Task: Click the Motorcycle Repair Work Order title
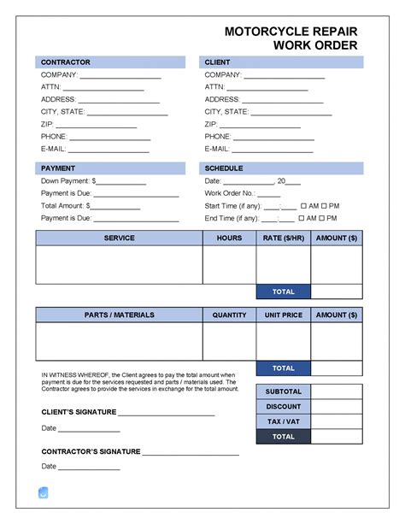[291, 38]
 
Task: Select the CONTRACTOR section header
[65, 62]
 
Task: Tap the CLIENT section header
[217, 62]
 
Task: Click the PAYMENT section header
[58, 168]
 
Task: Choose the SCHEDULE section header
[224, 168]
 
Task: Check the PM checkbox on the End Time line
[326, 218]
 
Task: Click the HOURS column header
[229, 238]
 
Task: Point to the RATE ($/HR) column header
[283, 238]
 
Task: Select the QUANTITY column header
[229, 315]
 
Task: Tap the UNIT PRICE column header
[283, 315]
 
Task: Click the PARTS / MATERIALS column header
[119, 315]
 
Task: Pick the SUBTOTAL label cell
[283, 392]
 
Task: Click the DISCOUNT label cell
[283, 406]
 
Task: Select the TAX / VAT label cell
[283, 421]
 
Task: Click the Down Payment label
[67, 181]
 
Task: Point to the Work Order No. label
[230, 194]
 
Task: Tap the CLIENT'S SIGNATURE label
[79, 413]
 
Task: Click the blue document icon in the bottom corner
[44, 492]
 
